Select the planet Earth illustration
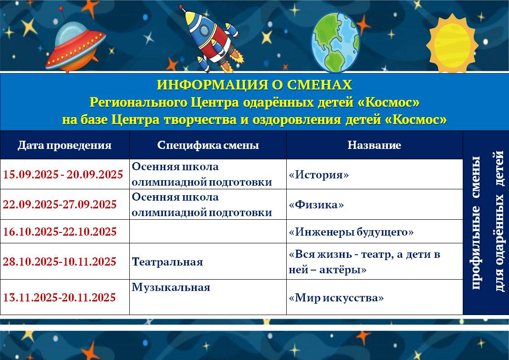click(335, 42)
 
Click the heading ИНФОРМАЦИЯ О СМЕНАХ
click(254, 85)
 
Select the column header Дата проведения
click(64, 145)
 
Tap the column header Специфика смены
click(208, 145)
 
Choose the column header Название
click(374, 145)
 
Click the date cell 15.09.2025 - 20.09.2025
click(63, 174)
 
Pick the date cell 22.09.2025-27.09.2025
click(60, 204)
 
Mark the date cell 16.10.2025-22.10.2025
click(60, 232)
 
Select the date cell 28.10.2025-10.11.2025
click(59, 261)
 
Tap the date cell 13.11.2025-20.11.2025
click(59, 297)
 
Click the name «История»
click(319, 175)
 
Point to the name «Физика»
click(316, 205)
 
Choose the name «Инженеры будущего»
click(351, 232)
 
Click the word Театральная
click(167, 262)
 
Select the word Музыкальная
click(171, 287)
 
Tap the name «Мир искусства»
click(336, 298)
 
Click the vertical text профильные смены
click(476, 222)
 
